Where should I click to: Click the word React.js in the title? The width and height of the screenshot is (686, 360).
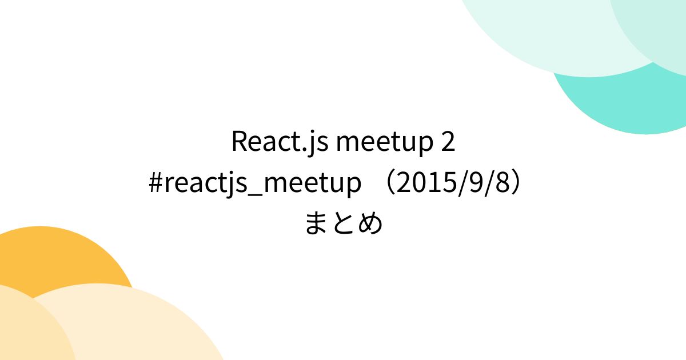click(280, 142)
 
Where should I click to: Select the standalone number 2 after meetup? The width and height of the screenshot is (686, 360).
click(448, 142)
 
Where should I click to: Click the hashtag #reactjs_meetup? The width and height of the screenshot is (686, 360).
click(255, 183)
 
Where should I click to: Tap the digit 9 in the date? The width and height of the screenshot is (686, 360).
click(474, 183)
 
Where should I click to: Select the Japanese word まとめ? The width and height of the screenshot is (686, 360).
click(343, 223)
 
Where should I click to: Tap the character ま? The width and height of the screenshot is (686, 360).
click(316, 223)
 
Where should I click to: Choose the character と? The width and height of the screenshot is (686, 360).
click(343, 223)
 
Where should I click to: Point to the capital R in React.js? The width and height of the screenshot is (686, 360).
click(239, 142)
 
